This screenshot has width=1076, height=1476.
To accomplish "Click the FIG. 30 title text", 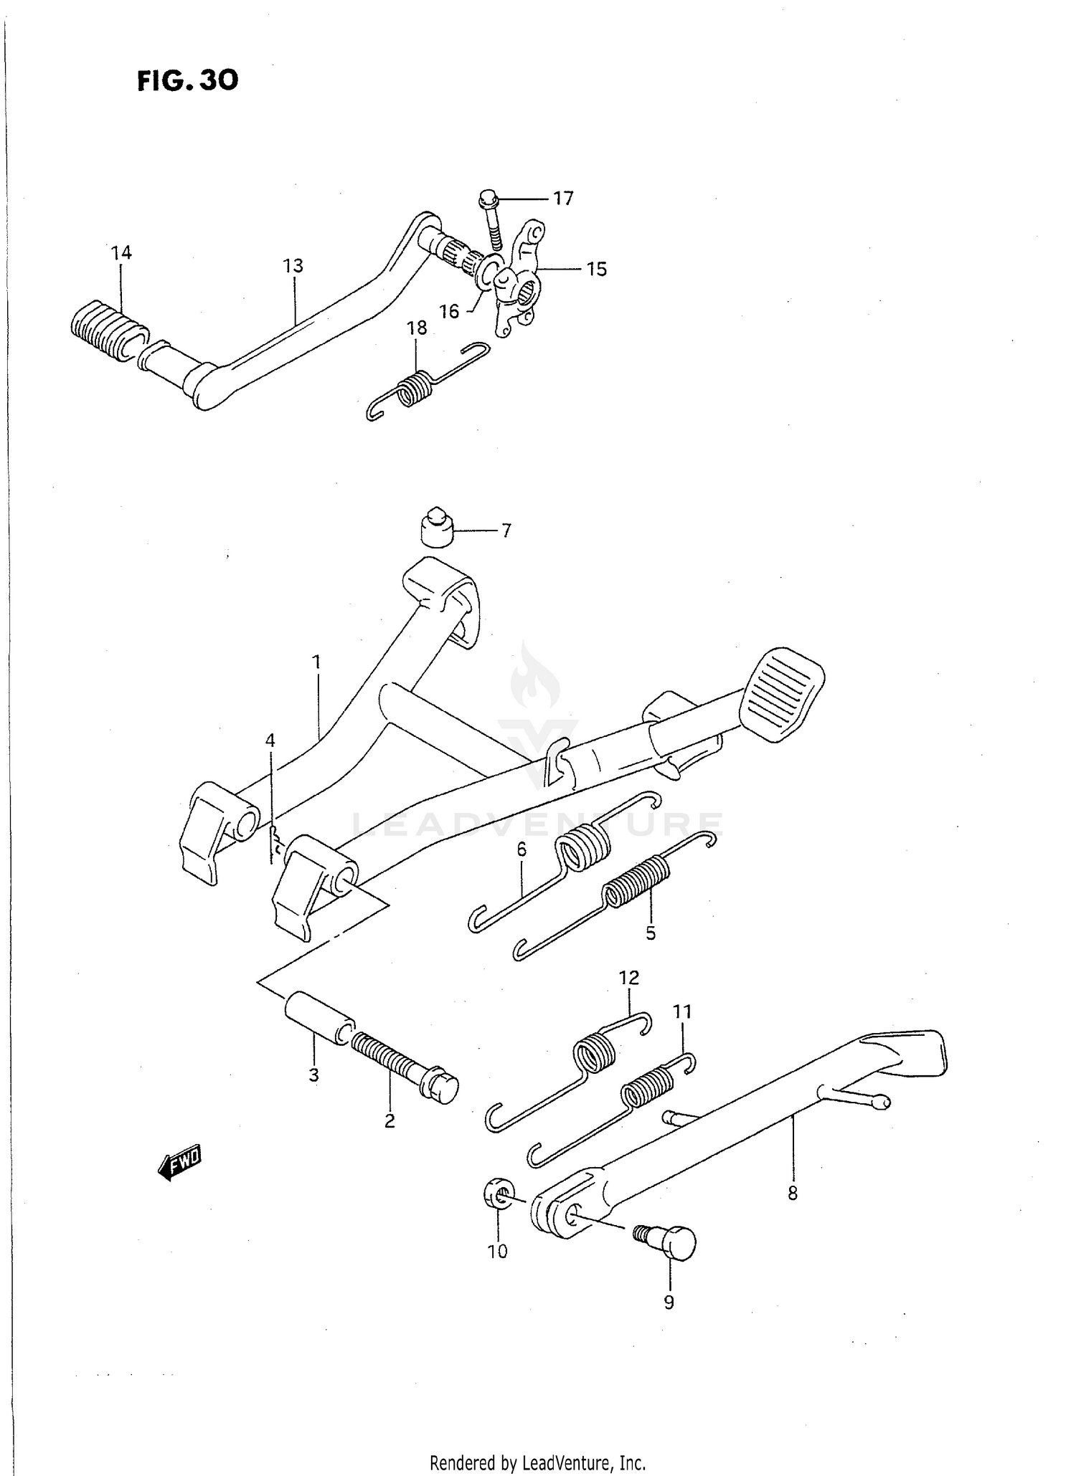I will (x=187, y=80).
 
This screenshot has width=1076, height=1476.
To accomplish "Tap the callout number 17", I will (x=563, y=199).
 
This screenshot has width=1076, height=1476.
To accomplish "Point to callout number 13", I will (x=293, y=266).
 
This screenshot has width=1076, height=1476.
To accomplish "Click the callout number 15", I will (x=596, y=270).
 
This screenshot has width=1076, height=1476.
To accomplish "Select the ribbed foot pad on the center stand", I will (x=781, y=695).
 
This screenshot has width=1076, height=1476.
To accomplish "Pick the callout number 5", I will (x=650, y=933).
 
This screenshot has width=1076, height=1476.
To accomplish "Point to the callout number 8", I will (x=792, y=1194).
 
